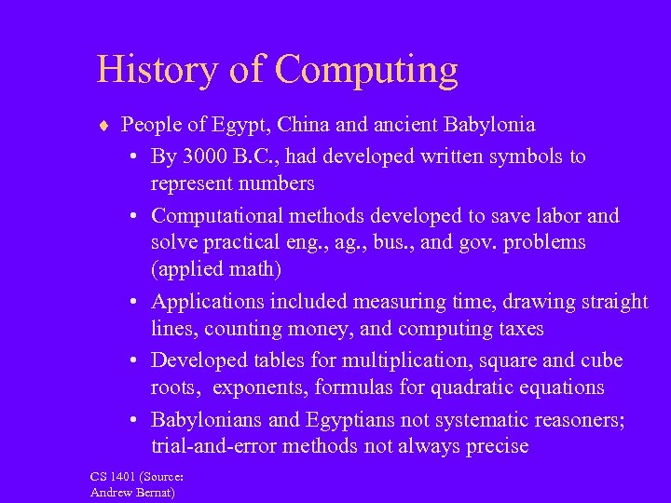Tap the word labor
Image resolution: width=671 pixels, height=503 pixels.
(x=555, y=216)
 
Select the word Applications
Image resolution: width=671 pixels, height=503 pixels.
(x=209, y=302)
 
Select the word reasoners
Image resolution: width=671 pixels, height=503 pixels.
(x=575, y=419)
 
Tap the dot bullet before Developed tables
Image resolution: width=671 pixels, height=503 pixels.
(x=135, y=361)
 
